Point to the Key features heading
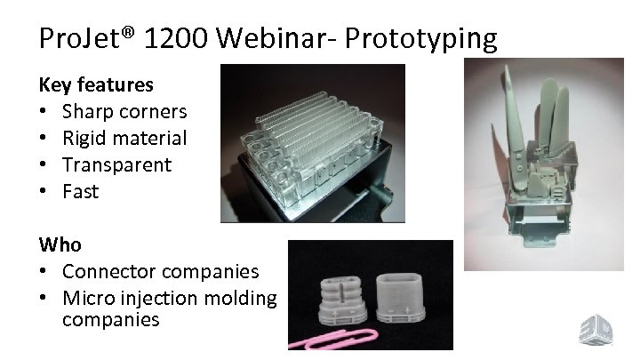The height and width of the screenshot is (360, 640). (x=96, y=84)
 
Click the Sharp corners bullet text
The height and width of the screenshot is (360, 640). (x=124, y=111)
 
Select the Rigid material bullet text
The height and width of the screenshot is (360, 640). (x=124, y=138)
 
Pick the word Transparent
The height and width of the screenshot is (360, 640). (x=116, y=164)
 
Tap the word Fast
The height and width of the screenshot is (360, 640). (x=81, y=191)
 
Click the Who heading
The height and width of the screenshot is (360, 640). (x=59, y=244)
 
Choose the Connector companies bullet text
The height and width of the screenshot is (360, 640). (x=161, y=270)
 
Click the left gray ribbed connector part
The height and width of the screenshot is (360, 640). (x=339, y=292)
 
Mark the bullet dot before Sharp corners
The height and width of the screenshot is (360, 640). (x=44, y=112)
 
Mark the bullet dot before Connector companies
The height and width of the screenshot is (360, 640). (x=44, y=271)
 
